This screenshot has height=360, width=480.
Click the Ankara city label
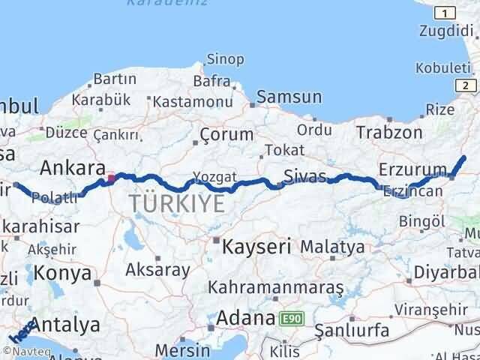(x=71, y=167)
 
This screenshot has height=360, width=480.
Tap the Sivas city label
(x=305, y=177)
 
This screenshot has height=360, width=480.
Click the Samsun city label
(x=289, y=97)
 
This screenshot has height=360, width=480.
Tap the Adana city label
(x=245, y=318)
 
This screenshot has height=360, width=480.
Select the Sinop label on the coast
(x=225, y=59)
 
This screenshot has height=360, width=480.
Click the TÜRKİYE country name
(x=176, y=204)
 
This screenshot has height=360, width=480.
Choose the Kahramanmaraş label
(x=275, y=287)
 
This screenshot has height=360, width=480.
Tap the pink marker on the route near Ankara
(x=112, y=178)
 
